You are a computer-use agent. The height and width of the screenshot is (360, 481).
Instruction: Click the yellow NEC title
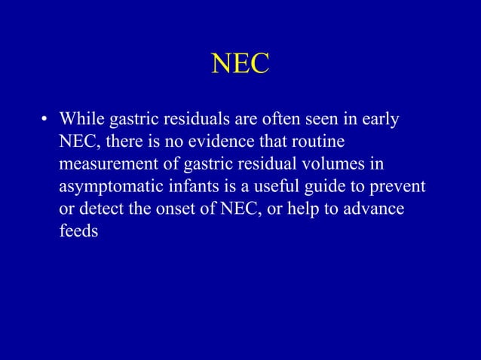tap(240, 64)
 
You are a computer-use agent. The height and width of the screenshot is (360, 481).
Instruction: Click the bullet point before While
tap(45, 120)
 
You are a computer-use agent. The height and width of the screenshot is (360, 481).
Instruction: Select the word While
tap(82, 119)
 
